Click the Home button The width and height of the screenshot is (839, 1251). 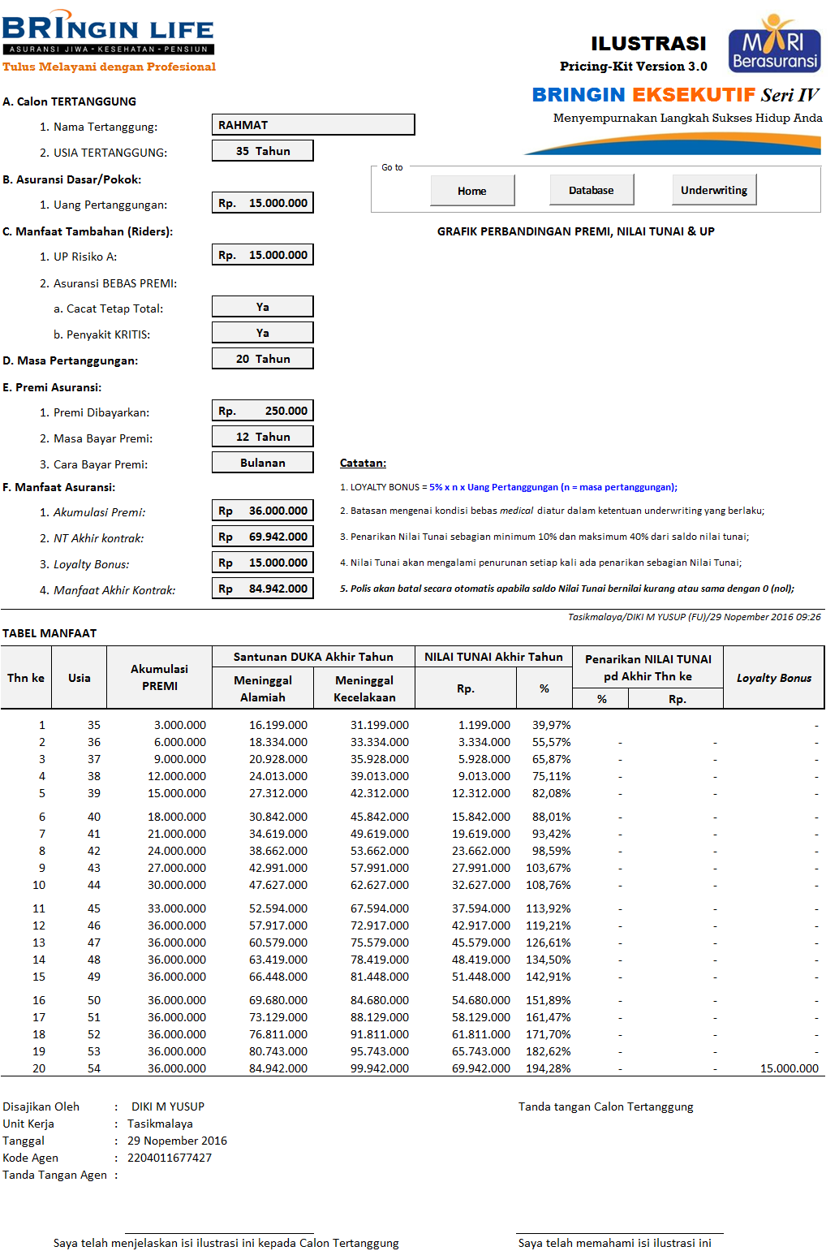tap(472, 191)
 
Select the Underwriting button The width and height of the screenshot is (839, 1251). tap(714, 190)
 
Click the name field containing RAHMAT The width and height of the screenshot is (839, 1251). tap(313, 125)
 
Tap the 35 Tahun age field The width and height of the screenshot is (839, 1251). tap(263, 151)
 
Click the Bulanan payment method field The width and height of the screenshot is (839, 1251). tap(263, 463)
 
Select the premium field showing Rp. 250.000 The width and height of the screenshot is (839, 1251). tap(263, 411)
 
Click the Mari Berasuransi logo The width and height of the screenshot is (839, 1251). tap(774, 45)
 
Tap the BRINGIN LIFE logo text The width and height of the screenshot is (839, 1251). tap(108, 30)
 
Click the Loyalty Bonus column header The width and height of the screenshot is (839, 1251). tap(773, 678)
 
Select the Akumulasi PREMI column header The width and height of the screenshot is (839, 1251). tap(159, 677)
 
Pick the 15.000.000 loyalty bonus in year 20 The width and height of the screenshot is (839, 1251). tap(789, 1068)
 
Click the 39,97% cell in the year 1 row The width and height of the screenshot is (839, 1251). tap(552, 725)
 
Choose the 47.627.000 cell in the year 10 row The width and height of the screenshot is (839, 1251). tap(278, 885)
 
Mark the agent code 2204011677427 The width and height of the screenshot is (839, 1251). tap(170, 1158)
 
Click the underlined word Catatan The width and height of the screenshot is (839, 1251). tap(363, 463)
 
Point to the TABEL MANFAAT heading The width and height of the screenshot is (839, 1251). tap(49, 633)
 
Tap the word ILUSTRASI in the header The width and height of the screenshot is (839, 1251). tap(648, 43)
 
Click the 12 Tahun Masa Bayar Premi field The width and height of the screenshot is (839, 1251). tap(263, 437)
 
